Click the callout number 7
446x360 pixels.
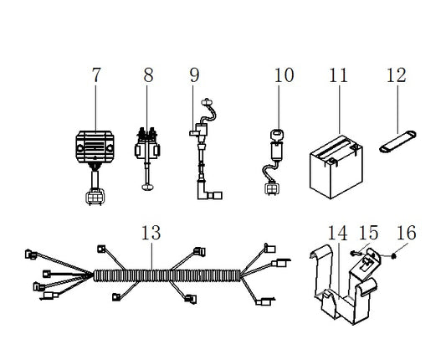(96, 75)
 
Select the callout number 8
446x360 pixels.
(148, 75)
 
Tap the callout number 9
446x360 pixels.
(195, 75)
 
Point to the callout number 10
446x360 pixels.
(284, 75)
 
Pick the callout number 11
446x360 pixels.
(339, 75)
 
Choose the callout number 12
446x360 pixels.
(397, 75)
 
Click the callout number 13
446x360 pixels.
(151, 233)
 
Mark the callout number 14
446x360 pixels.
(337, 233)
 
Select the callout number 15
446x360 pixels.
(369, 233)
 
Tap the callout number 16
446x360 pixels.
(407, 233)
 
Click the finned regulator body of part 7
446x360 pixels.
(95, 147)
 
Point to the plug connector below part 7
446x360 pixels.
(95, 197)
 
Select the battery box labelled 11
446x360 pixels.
(336, 167)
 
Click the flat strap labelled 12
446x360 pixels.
(397, 141)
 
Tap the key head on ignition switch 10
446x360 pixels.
(278, 134)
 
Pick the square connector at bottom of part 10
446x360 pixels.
(272, 188)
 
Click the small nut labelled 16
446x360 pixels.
(393, 256)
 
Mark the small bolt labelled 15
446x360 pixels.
(354, 253)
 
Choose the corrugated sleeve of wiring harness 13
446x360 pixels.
(167, 275)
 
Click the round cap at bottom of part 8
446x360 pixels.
(147, 188)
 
